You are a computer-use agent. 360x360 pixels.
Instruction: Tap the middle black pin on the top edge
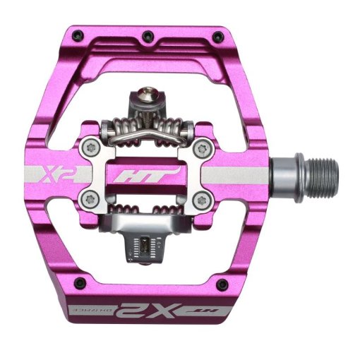(x=145, y=35)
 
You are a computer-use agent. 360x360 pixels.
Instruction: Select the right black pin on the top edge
(x=216, y=32)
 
